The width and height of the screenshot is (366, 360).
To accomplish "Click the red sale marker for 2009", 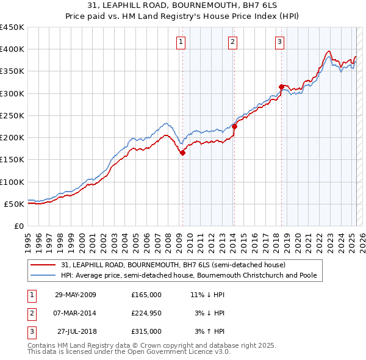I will pos(182,153).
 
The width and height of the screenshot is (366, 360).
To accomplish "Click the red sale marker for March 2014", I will pos(234,126).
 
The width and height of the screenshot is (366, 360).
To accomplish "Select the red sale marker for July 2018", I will pos(281,87).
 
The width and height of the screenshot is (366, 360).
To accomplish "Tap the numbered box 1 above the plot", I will pos(182,42).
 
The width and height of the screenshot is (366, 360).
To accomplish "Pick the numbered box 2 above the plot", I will pos(233,42).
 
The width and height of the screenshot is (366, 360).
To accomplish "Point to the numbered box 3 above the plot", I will pos(279,42).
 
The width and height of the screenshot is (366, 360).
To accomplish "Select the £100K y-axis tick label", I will pos(13,182).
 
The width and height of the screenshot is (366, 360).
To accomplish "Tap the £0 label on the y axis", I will pos(18,226).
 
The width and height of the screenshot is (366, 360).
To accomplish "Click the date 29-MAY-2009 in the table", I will pos(75,294).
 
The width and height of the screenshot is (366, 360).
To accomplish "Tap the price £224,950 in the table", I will pos(146,313).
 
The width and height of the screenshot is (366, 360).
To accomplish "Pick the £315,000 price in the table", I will pos(146,331).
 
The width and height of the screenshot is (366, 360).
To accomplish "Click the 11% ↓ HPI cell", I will pos(207,294).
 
